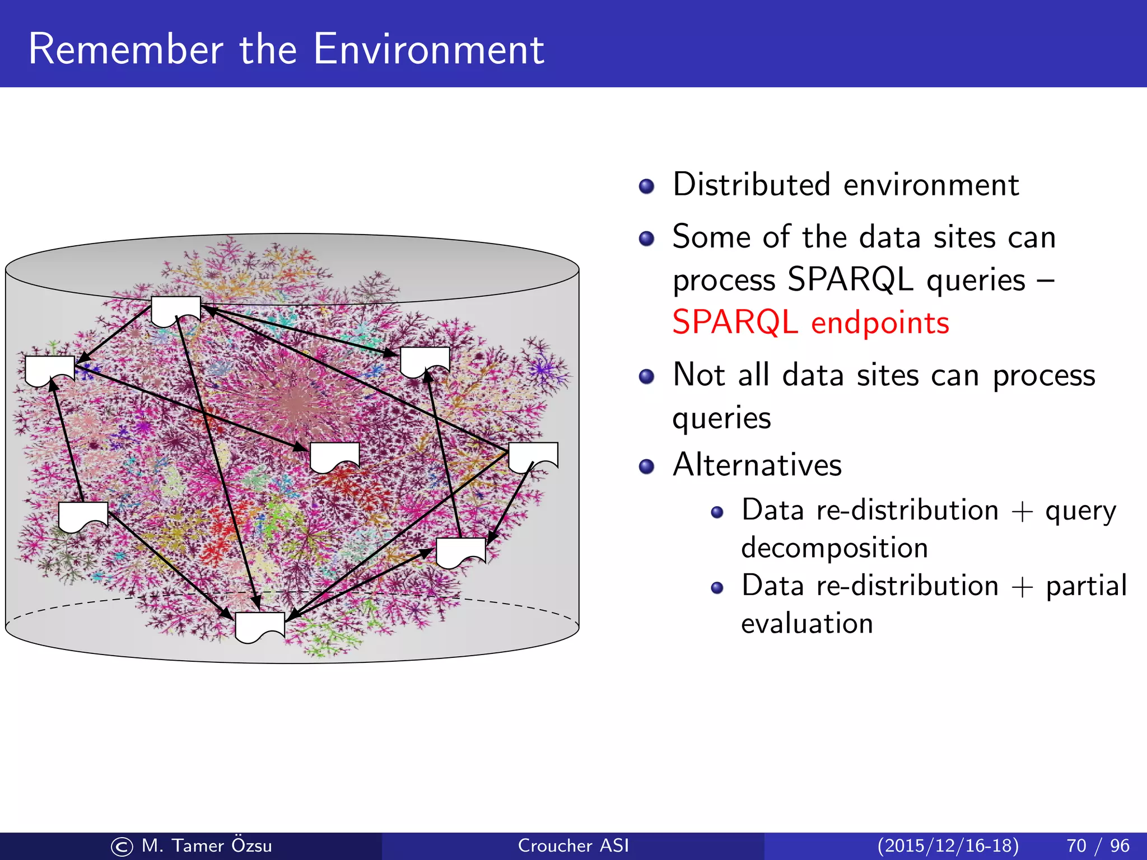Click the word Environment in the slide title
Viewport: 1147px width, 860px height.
pos(428,49)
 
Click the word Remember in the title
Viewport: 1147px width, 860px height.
pos(125,49)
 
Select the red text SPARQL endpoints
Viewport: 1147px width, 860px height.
pos(810,323)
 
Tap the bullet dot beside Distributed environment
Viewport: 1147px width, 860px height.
pos(646,186)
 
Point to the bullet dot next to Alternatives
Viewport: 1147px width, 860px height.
pos(646,466)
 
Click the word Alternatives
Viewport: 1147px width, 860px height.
pos(757,465)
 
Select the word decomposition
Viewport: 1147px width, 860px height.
pos(834,548)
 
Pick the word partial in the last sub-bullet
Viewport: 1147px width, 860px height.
pos(1086,586)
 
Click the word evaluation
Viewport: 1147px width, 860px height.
pos(807,623)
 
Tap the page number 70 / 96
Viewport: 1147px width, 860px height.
pos(1097,845)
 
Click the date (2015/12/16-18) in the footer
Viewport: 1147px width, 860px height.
pos(948,845)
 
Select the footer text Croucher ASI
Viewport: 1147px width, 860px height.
pos(573,845)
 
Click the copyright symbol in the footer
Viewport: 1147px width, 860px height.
pos(122,847)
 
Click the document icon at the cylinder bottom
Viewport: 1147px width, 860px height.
pos(260,627)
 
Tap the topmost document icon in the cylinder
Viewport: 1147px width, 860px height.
pos(176,311)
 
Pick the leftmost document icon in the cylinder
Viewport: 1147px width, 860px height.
pos(49,370)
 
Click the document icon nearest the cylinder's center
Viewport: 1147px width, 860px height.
pos(334,456)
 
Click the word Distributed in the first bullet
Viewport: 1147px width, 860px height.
pos(751,185)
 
